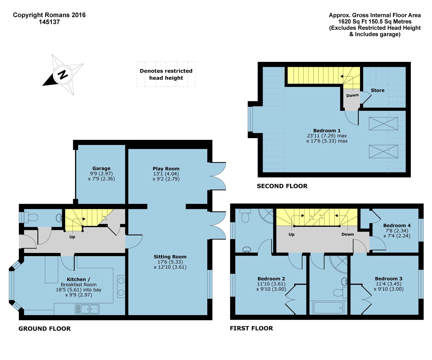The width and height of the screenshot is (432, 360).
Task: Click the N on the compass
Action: pyautogui.click(x=63, y=75)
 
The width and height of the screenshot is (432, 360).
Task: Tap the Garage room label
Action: pyautogui.click(x=101, y=168)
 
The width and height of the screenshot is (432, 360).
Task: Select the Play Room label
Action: pyautogui.click(x=166, y=169)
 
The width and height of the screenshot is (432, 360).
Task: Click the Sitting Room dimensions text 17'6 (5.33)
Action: pyautogui.click(x=170, y=262)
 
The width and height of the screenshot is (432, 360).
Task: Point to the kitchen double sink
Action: pyautogui.click(x=87, y=309)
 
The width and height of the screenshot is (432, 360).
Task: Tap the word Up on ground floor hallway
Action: pyautogui.click(x=72, y=237)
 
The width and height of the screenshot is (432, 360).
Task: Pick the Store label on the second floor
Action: pyautogui.click(x=378, y=90)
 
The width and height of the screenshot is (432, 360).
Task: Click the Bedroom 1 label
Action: pyautogui.click(x=327, y=131)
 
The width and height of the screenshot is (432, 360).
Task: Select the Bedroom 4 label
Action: pyautogui.click(x=397, y=225)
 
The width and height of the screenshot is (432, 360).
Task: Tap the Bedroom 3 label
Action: pyautogui.click(x=389, y=279)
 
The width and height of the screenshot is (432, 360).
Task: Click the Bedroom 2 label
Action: pyautogui.click(x=271, y=279)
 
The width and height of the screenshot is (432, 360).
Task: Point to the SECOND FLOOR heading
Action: pyautogui.click(x=282, y=186)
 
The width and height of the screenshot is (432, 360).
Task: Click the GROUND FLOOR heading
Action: pyautogui.click(x=44, y=329)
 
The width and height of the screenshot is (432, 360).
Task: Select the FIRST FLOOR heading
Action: pyautogui.click(x=251, y=328)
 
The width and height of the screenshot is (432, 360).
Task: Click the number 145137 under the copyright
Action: pyautogui.click(x=49, y=22)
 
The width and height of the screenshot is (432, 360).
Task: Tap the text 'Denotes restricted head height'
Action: pyautogui.click(x=166, y=75)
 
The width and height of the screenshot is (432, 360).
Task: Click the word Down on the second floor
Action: pyautogui.click(x=352, y=95)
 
